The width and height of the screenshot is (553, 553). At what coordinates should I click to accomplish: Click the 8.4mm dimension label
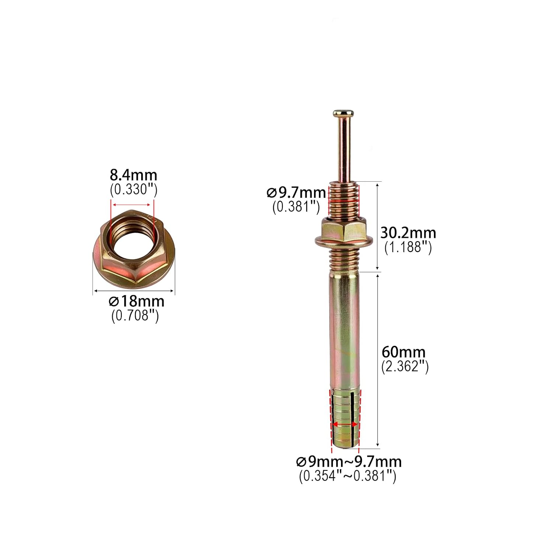(x=133, y=175)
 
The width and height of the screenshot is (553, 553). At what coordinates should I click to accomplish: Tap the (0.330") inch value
(x=133, y=189)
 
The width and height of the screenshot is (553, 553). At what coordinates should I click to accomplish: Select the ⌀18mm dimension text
(x=136, y=301)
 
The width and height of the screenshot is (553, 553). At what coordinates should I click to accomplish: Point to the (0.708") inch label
(x=135, y=316)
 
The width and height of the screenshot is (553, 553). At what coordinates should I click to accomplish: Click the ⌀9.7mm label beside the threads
(x=296, y=192)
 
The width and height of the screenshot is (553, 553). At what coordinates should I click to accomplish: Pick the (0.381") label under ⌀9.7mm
(x=296, y=207)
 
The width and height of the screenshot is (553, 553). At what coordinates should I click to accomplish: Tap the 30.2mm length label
(x=408, y=233)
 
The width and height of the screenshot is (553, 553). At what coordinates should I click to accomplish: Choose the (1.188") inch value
(x=408, y=247)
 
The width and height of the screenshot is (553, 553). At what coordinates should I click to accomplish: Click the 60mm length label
(x=404, y=352)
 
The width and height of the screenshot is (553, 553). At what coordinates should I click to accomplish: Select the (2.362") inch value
(x=405, y=366)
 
